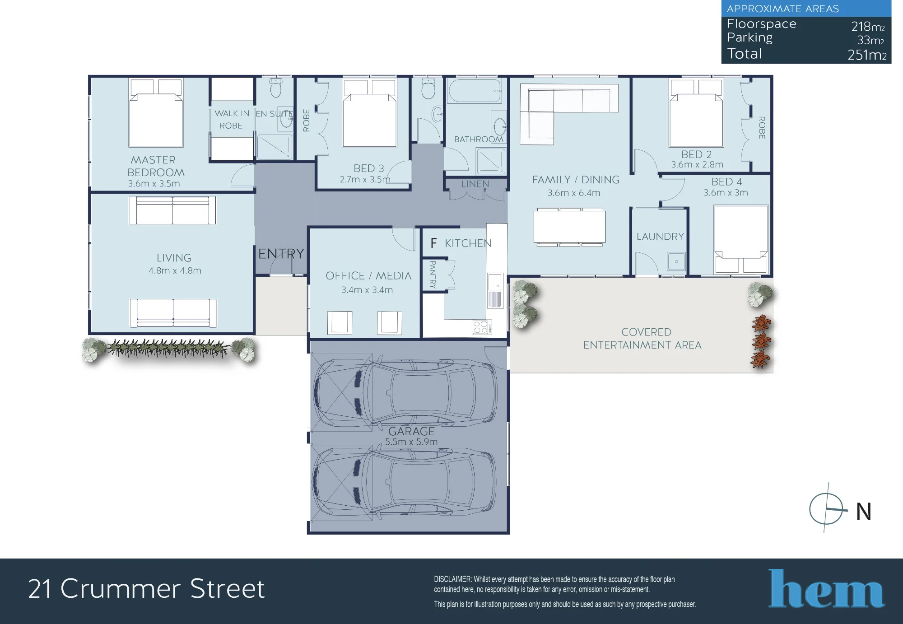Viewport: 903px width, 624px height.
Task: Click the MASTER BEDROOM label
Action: [x=156, y=166]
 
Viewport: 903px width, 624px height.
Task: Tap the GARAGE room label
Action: [x=411, y=431]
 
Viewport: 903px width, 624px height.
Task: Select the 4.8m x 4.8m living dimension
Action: [x=175, y=270]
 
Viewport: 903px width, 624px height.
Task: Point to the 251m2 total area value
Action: [x=867, y=55]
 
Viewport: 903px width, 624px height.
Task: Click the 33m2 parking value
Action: [x=870, y=40]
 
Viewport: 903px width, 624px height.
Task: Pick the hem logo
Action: [x=826, y=588]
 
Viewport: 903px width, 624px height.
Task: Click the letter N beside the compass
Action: [x=864, y=512]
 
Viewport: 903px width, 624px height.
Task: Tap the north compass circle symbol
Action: [x=826, y=509]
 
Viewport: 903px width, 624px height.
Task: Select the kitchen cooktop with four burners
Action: [x=482, y=327]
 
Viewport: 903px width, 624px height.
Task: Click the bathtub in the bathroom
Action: [x=475, y=91]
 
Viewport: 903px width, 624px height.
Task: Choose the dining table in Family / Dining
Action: [x=569, y=227]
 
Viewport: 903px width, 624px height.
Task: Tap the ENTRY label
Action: [x=281, y=254]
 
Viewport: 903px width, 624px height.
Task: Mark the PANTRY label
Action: [x=433, y=274]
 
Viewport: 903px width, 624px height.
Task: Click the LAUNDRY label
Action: [x=660, y=237]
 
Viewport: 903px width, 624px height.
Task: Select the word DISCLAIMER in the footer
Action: [x=452, y=579]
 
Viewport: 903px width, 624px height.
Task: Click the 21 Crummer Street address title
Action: [x=146, y=589]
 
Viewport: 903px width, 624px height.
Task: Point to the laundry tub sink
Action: [x=676, y=261]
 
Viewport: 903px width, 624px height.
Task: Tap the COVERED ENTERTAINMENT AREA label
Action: [x=642, y=339]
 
